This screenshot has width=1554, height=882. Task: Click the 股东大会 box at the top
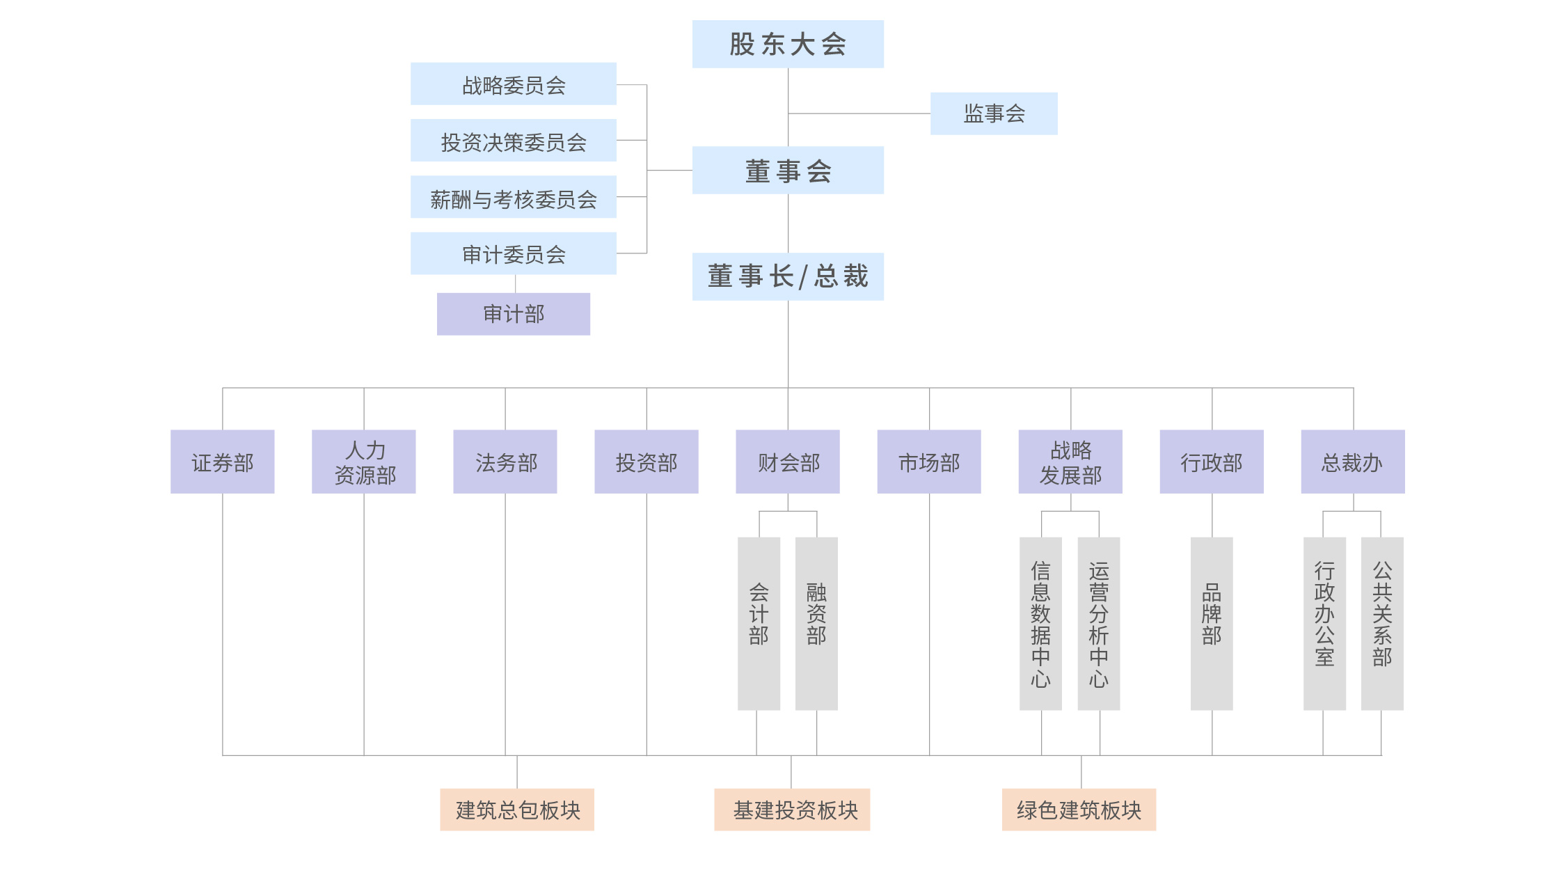(x=788, y=44)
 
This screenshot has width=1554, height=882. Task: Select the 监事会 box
(x=994, y=113)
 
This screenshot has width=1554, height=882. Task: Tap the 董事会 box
(x=788, y=171)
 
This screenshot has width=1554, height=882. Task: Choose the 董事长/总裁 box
(x=788, y=276)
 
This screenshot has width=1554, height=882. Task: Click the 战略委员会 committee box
(x=514, y=84)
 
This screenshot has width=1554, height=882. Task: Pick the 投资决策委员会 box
(x=514, y=141)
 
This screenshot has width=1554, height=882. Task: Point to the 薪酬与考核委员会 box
(x=514, y=198)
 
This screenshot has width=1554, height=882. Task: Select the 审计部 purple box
(x=514, y=314)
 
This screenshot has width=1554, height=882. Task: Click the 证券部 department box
(x=223, y=462)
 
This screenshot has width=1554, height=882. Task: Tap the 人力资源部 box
(x=364, y=462)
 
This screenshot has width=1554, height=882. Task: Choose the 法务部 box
(x=505, y=462)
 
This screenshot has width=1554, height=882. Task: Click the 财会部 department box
(x=788, y=462)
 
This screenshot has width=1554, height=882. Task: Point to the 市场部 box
(x=929, y=462)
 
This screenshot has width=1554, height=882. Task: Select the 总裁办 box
(x=1353, y=462)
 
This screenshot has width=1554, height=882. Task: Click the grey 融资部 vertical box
(x=816, y=623)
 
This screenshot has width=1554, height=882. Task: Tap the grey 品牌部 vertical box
(x=1212, y=623)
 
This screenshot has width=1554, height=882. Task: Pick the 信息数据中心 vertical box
(x=1040, y=623)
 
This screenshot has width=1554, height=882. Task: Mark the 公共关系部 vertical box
(x=1382, y=623)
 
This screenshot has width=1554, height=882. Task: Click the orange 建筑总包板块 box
(x=517, y=810)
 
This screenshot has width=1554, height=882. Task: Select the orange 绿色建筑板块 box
(x=1079, y=810)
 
